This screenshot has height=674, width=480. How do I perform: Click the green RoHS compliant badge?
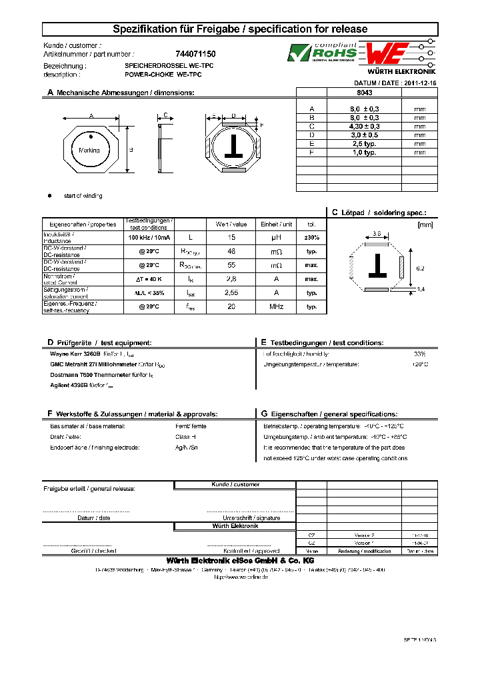pyautogui.click(x=323, y=53)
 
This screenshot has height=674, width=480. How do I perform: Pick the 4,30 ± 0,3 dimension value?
pyautogui.click(x=364, y=126)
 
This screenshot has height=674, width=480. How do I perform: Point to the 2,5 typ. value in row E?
pyautogui.click(x=364, y=143)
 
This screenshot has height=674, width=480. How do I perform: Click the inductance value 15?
pyautogui.click(x=231, y=238)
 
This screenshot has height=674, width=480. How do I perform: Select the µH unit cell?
pyautogui.click(x=276, y=238)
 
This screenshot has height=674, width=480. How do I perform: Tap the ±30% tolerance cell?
pyautogui.click(x=311, y=238)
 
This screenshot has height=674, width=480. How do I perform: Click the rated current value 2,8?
pyautogui.click(x=231, y=279)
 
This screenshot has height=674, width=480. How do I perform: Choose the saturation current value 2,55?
pyautogui.click(x=231, y=293)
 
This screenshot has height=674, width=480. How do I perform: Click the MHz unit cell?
pyautogui.click(x=276, y=306)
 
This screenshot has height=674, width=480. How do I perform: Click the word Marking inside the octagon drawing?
pyautogui.click(x=89, y=151)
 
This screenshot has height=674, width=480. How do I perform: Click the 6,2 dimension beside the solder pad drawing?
pyautogui.click(x=420, y=267)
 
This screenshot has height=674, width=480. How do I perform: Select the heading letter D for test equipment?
pyautogui.click(x=50, y=342)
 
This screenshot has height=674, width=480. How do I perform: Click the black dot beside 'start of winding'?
pyautogui.click(x=49, y=196)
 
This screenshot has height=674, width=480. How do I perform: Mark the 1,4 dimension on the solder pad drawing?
pyautogui.click(x=420, y=289)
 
